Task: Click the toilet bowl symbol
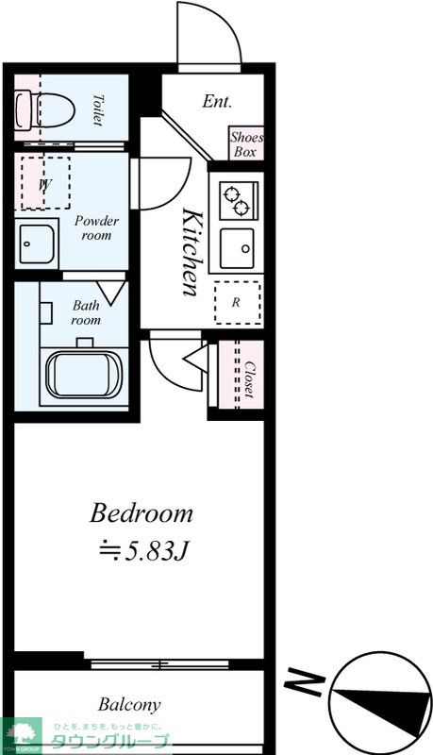point(44,110)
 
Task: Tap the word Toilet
point(98,110)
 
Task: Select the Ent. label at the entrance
point(217,101)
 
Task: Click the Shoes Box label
point(246,144)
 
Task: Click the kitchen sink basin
point(237,248)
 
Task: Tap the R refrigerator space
point(238,303)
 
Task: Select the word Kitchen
point(191,252)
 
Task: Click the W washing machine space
point(45,182)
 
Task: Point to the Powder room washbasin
point(37,243)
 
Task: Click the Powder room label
point(96,228)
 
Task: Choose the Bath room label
point(86,312)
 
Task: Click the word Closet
point(249,379)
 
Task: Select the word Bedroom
point(141,513)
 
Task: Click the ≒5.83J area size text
point(142,552)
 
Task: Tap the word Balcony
point(129,705)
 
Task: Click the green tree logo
point(21,734)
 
